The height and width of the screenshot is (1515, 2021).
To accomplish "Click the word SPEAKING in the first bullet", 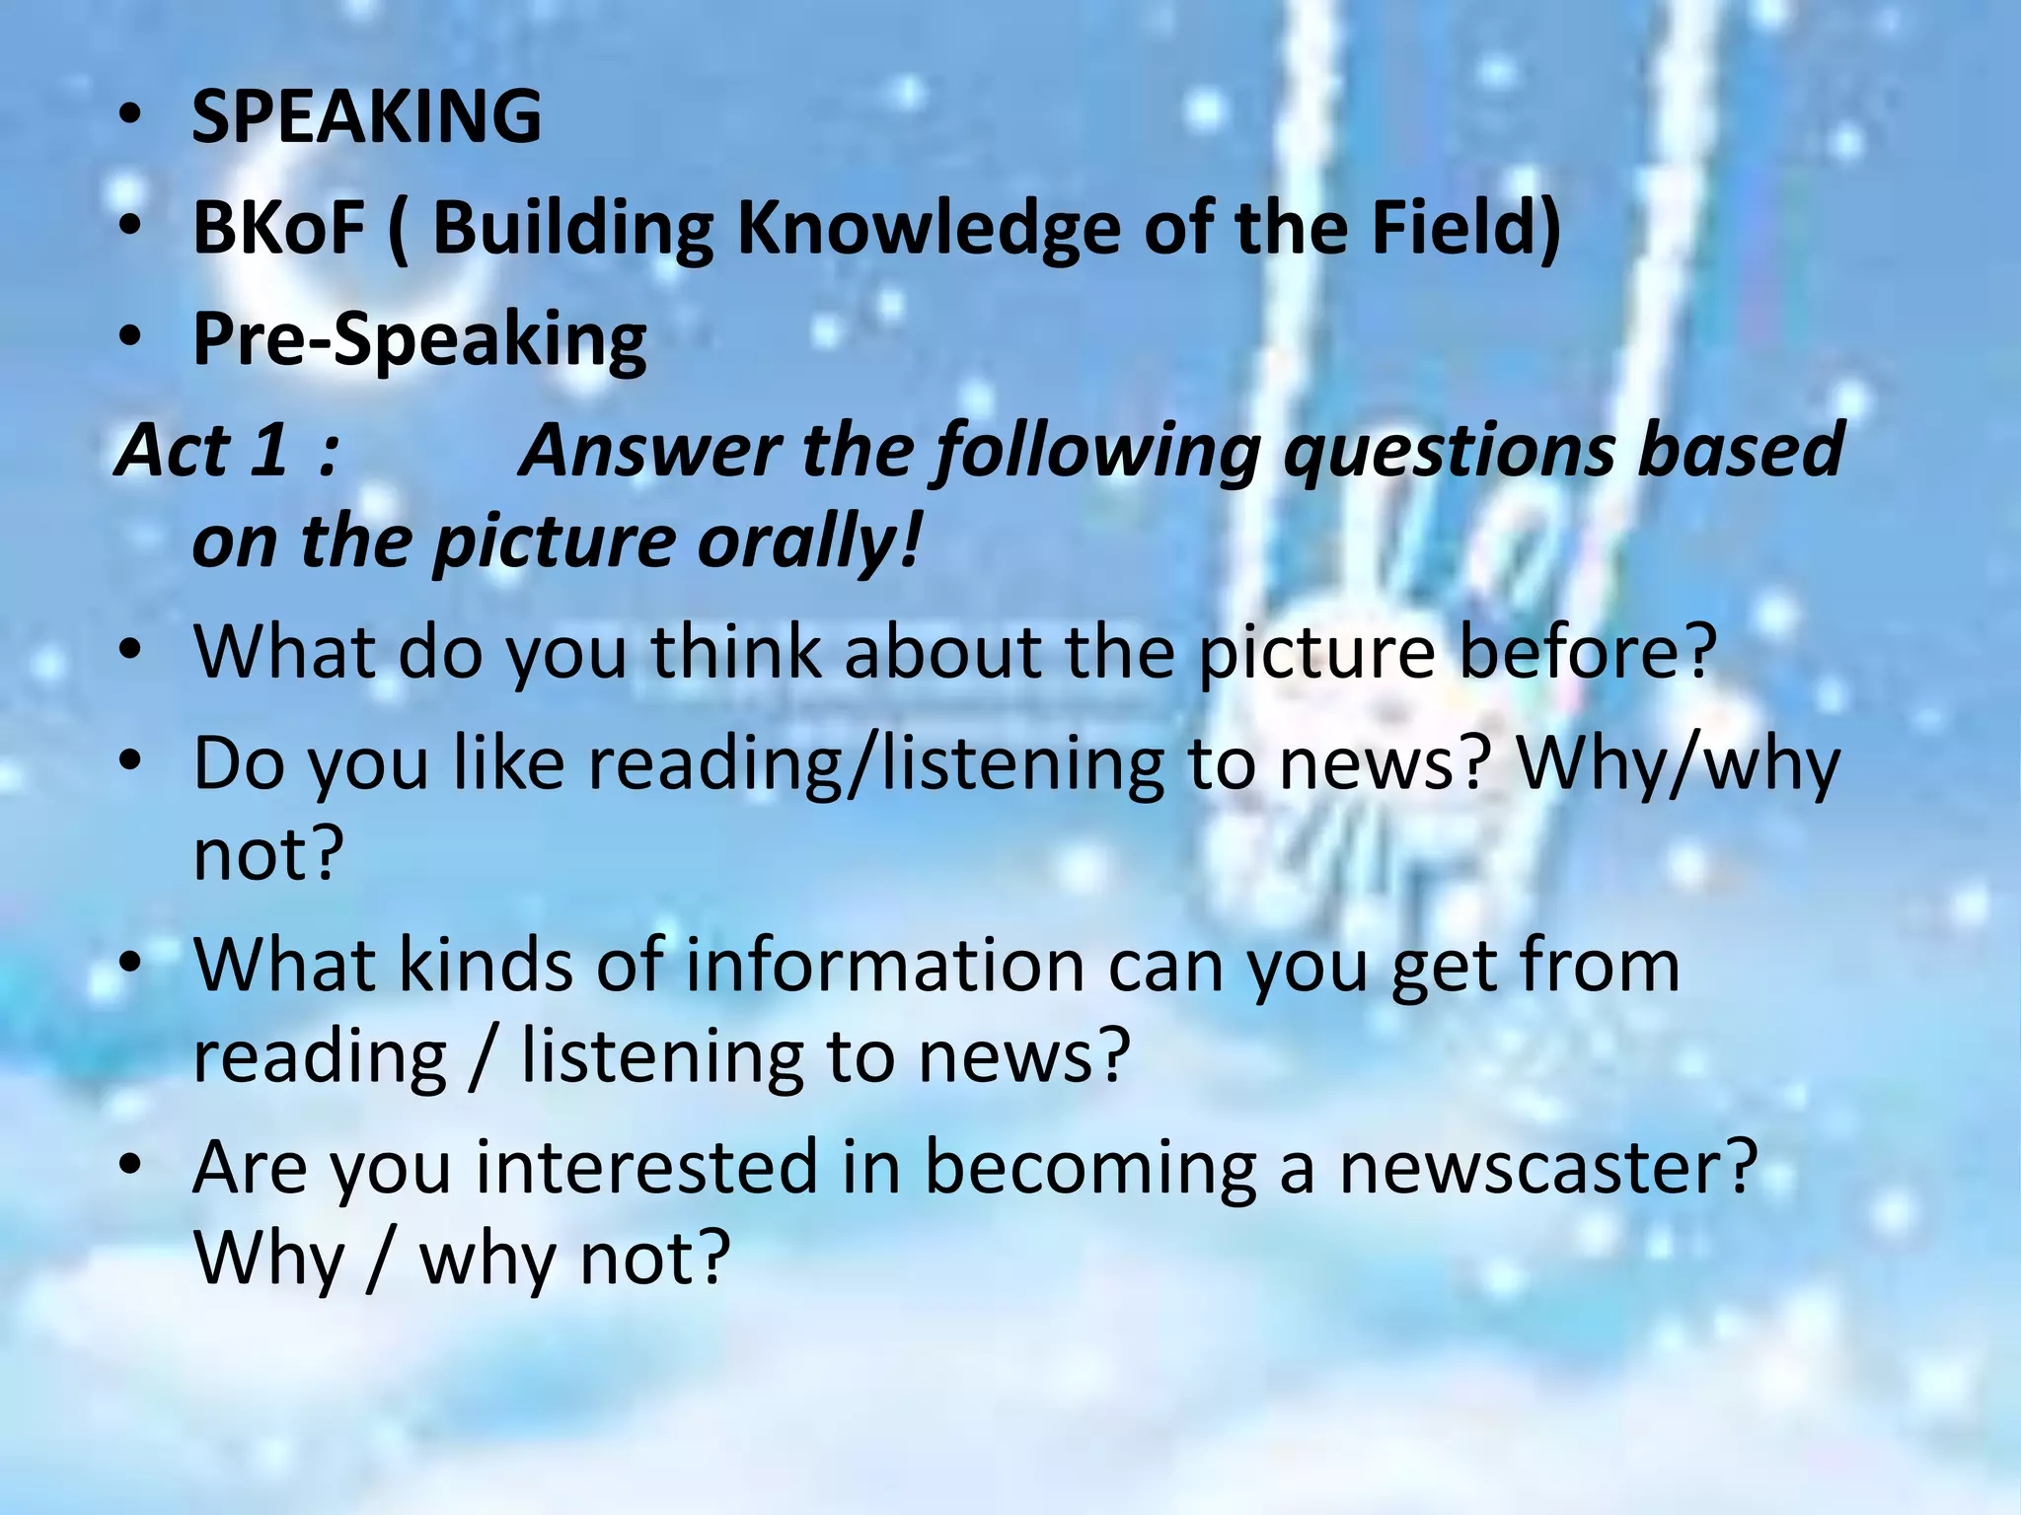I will point(366,116).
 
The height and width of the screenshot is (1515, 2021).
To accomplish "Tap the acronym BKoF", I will point(278,228).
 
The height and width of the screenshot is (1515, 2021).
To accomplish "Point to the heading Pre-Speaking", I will point(419,339).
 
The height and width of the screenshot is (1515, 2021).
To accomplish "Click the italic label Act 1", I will point(202,450).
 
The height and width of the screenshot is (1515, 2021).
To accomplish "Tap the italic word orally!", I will point(809,542).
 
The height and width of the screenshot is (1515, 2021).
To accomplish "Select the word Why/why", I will point(1678,764).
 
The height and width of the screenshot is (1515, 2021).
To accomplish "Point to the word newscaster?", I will point(1548,1168).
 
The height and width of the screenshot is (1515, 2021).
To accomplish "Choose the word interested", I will point(646,1168).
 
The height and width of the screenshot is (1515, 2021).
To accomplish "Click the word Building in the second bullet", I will point(572,228).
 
